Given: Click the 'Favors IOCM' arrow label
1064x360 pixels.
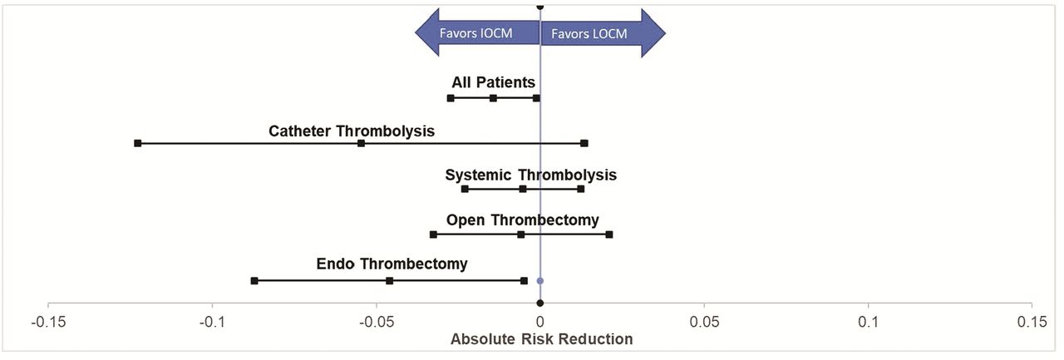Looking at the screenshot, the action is [476, 33].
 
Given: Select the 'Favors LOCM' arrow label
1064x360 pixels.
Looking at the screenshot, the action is [589, 34].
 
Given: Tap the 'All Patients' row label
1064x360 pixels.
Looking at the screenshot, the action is [493, 82].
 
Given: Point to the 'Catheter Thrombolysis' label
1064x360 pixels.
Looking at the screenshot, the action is [352, 131].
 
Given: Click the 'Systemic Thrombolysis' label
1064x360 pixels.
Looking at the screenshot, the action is [530, 175].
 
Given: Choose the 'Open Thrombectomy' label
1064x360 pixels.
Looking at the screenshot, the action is [523, 219].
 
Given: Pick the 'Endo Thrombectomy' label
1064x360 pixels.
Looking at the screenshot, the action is [392, 264].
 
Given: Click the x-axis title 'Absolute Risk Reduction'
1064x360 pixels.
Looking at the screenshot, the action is [541, 339].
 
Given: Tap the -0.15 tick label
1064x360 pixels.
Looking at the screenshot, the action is [48, 322].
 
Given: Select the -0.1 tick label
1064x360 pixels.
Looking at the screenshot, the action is [212, 322].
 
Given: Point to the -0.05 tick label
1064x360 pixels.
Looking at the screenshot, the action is [377, 322].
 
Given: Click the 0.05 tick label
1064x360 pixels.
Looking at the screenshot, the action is [704, 322].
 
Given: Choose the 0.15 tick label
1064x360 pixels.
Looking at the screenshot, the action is [1032, 322].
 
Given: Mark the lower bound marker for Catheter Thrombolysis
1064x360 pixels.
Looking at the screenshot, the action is [138, 144].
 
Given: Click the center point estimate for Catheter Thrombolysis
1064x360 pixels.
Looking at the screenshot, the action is [361, 144].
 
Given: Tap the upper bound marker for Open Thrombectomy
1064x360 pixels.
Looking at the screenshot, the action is [609, 234].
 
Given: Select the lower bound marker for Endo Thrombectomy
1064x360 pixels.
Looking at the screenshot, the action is [254, 281].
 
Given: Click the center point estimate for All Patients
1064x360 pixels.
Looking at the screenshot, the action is [493, 98].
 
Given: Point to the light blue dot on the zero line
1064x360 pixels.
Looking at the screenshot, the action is [539, 281].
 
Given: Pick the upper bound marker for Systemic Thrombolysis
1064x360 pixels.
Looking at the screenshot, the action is [580, 189].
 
